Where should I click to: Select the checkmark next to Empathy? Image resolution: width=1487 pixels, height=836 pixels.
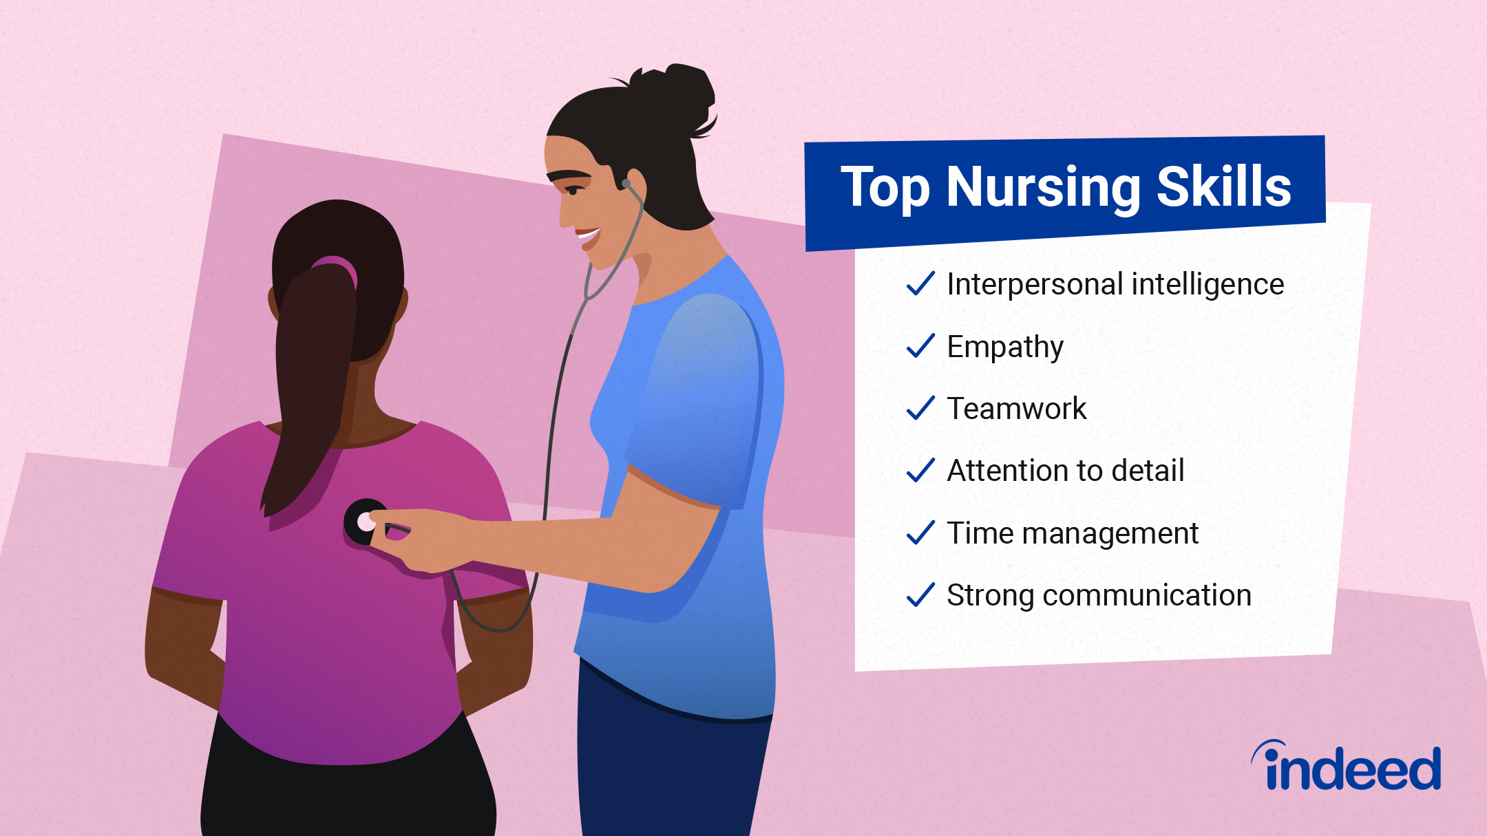(920, 345)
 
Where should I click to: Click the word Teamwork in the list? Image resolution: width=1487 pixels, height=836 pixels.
(1016, 409)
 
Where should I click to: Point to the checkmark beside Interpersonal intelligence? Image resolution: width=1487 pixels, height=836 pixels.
(920, 283)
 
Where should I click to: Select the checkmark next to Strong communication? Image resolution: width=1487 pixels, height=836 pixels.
(920, 595)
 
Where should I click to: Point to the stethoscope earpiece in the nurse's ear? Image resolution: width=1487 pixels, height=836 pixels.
(626, 184)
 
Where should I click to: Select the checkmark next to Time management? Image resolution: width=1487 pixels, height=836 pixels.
(920, 533)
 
